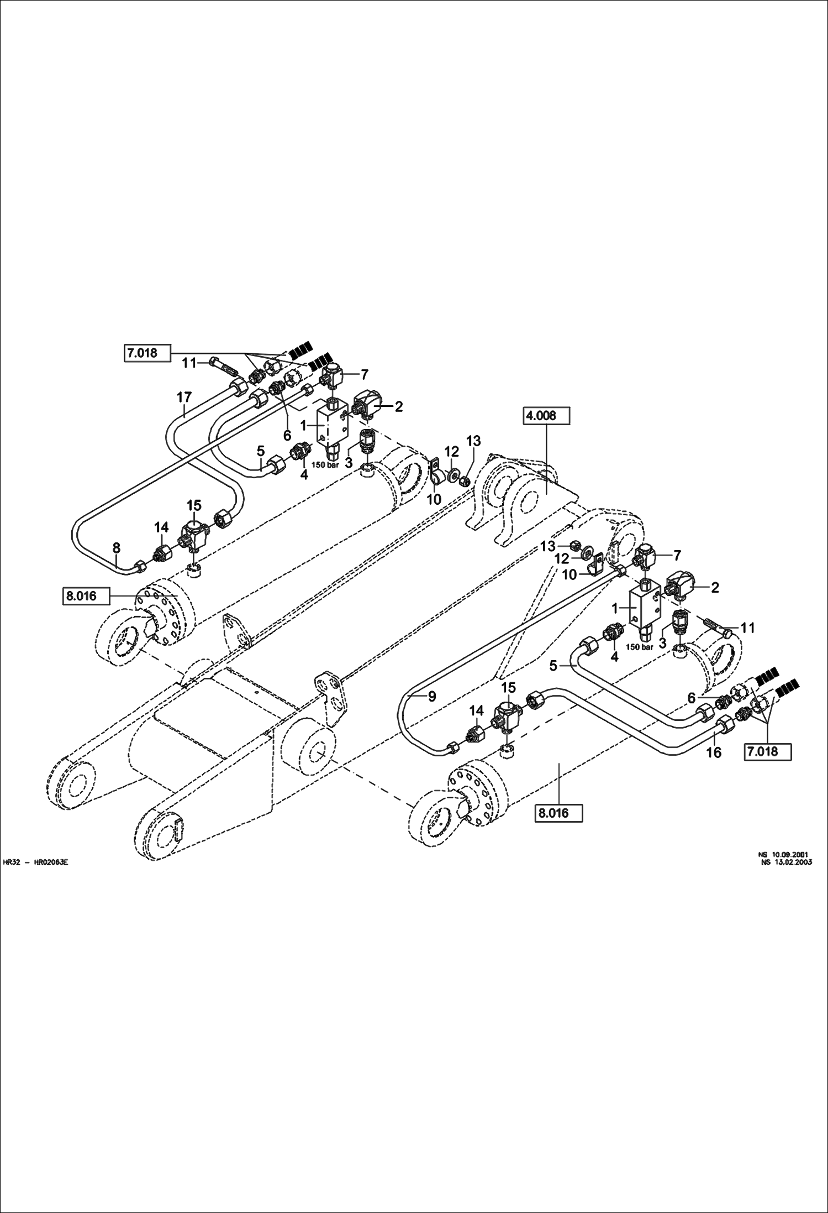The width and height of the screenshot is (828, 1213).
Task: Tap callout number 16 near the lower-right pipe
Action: coord(714,752)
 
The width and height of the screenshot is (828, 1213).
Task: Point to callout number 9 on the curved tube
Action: coord(433,697)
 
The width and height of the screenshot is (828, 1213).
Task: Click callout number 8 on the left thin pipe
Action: coord(116,548)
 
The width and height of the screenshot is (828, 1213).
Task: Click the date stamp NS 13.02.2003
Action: coord(787,866)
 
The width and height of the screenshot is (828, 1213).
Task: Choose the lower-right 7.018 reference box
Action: coord(769,751)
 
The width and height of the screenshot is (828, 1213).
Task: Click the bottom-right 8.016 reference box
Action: coord(560,813)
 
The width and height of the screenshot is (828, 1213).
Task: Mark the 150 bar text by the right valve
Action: coord(640,646)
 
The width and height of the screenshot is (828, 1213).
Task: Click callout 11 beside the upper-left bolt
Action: coord(189,363)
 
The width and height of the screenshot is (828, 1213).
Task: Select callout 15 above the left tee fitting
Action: coord(194,505)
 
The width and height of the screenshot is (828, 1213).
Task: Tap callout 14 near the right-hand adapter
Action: coord(476,709)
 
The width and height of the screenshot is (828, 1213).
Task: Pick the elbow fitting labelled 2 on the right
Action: coord(684,587)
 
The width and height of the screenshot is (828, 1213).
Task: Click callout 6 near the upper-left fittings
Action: coord(287,435)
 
